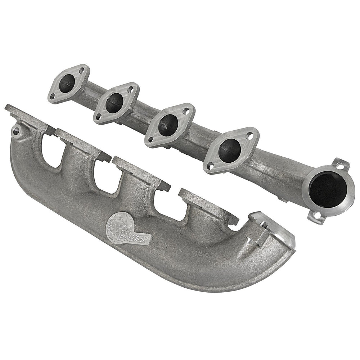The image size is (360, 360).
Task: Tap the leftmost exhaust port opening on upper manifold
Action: pyautogui.click(x=67, y=83)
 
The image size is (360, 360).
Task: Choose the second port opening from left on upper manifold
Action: pyautogui.click(x=114, y=103)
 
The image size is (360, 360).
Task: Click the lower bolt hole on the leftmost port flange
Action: pyautogui.click(x=53, y=96)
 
